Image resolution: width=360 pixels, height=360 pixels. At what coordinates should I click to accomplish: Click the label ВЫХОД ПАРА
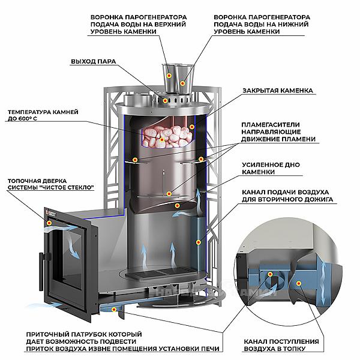(94, 62)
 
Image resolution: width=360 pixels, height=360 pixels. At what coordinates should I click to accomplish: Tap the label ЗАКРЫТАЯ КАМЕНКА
(278, 91)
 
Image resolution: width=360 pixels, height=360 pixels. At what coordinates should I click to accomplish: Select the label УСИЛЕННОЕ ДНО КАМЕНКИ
(271, 168)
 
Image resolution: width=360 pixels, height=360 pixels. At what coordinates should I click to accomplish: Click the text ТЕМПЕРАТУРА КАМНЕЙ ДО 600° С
(43, 115)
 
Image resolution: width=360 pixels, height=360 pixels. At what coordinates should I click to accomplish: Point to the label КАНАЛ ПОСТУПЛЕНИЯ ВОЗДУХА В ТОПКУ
(281, 345)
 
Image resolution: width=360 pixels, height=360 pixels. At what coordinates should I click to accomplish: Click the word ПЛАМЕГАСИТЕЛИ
(271, 125)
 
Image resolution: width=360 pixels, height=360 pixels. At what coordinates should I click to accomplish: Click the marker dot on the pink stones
(162, 140)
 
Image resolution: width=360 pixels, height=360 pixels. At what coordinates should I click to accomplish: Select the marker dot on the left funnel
(169, 76)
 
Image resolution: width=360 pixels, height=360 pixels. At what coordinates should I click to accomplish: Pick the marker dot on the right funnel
(182, 83)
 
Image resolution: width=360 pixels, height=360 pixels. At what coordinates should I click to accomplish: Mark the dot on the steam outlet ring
(165, 100)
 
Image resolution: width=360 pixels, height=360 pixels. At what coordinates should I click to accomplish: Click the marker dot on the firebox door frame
(49, 223)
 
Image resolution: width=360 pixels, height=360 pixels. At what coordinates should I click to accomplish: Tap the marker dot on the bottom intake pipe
(114, 310)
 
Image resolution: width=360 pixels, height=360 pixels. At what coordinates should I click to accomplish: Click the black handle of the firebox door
(42, 271)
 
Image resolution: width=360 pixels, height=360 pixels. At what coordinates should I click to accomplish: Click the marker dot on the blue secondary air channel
(198, 242)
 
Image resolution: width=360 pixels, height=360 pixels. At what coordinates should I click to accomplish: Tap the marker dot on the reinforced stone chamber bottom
(177, 206)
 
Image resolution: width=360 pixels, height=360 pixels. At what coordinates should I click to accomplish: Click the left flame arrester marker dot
(135, 160)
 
